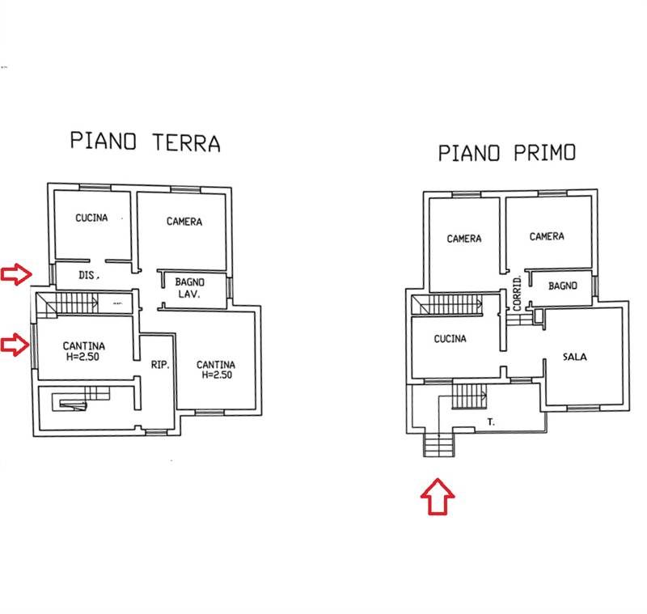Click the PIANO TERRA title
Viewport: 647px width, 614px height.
coord(145,142)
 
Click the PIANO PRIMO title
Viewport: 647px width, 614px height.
coord(507,152)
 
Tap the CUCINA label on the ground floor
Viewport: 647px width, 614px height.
coord(92,218)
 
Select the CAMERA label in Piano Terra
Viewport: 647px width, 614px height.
coord(184,222)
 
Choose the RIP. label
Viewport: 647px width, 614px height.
coord(159,366)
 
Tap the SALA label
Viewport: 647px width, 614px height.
coord(575,356)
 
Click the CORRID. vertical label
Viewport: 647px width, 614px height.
coord(517,293)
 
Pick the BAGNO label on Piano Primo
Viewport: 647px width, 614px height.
coord(562,286)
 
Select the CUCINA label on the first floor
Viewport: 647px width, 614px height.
coord(450,339)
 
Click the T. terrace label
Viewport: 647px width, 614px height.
coord(491,421)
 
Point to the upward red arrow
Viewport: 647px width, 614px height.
coord(438,495)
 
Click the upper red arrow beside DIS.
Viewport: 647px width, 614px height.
coord(16,274)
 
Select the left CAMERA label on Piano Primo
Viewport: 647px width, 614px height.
coord(464,239)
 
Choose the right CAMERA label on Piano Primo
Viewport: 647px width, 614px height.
coord(547,236)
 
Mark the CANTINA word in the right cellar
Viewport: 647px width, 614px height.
coord(216,365)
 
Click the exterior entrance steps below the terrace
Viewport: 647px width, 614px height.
coord(438,446)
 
